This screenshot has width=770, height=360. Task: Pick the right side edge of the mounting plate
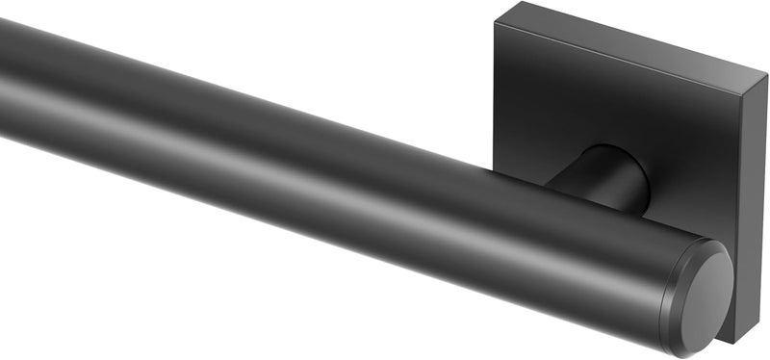755,212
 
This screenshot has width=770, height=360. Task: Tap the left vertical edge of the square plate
495,96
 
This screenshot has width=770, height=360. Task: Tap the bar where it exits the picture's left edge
5,77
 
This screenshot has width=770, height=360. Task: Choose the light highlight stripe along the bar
289,144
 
